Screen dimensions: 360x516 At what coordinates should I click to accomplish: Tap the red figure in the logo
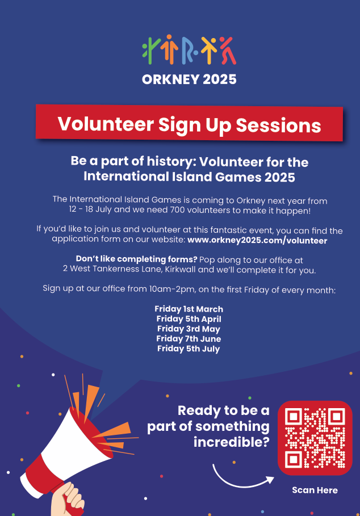click(228, 51)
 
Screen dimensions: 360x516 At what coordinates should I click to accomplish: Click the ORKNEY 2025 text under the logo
click(189, 79)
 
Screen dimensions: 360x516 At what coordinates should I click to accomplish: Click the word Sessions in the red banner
click(278, 125)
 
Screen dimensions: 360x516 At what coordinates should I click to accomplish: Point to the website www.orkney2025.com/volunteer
click(257, 241)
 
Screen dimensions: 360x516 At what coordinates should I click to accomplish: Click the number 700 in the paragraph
click(177, 210)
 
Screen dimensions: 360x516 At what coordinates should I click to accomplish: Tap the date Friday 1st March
click(189, 309)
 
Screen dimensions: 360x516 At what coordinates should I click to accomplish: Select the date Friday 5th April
click(189, 319)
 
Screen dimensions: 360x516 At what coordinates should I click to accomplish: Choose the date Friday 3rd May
click(189, 329)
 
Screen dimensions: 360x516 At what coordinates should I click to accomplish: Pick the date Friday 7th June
click(189, 339)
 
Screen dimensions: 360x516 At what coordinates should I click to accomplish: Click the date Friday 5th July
click(189, 349)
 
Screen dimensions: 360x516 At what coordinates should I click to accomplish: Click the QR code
click(315, 438)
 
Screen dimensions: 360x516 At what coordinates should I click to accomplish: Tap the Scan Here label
click(315, 490)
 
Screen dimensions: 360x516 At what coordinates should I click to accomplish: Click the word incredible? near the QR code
click(231, 442)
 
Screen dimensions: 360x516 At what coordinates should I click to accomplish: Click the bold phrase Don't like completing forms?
click(137, 259)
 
